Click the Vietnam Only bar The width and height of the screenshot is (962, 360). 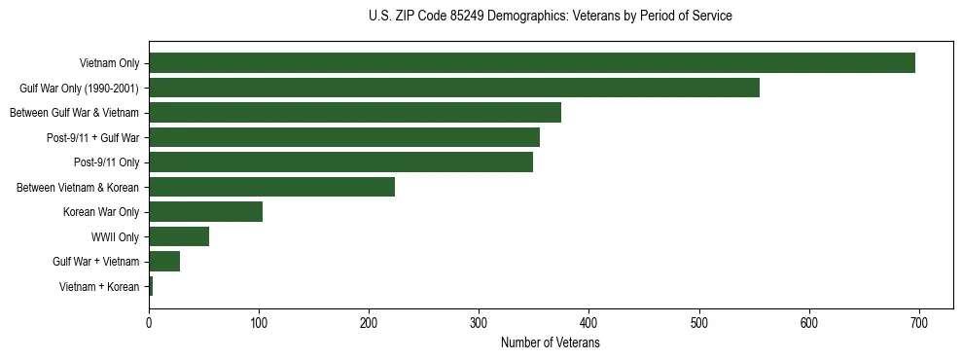tap(532, 63)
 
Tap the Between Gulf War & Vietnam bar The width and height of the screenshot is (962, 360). tap(355, 113)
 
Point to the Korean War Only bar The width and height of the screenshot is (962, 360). tap(205, 212)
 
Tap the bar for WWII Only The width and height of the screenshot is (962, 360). tap(179, 236)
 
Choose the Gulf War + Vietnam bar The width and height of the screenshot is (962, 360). tap(164, 262)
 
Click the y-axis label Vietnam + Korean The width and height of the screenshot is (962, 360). tap(99, 287)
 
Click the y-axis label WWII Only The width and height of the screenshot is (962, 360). tap(115, 237)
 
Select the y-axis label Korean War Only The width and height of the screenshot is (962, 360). tap(101, 212)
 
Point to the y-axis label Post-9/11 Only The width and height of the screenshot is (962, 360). tap(106, 162)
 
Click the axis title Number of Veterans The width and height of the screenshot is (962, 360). tap(550, 343)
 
